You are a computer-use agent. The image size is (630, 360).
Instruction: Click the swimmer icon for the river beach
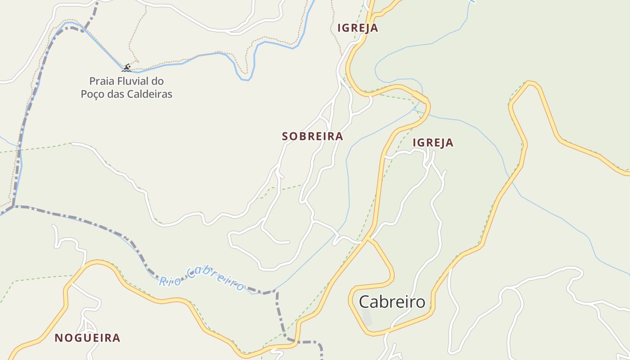[126, 68]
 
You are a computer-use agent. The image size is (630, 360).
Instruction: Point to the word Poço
[92, 94]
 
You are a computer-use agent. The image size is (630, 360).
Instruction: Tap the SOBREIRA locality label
[312, 136]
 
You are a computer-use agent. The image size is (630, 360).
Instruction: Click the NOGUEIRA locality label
[87, 338]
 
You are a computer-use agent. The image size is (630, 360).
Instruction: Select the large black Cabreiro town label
[392, 302]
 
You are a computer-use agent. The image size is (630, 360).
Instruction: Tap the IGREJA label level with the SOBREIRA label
[433, 143]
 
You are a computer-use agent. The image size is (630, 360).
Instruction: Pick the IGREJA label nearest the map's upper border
[358, 28]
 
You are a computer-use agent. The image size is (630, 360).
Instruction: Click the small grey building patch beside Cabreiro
[367, 318]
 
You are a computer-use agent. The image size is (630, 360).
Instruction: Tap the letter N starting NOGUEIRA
[58, 338]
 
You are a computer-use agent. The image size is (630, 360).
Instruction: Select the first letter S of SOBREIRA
[285, 136]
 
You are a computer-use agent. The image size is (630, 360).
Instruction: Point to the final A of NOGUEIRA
[117, 338]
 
